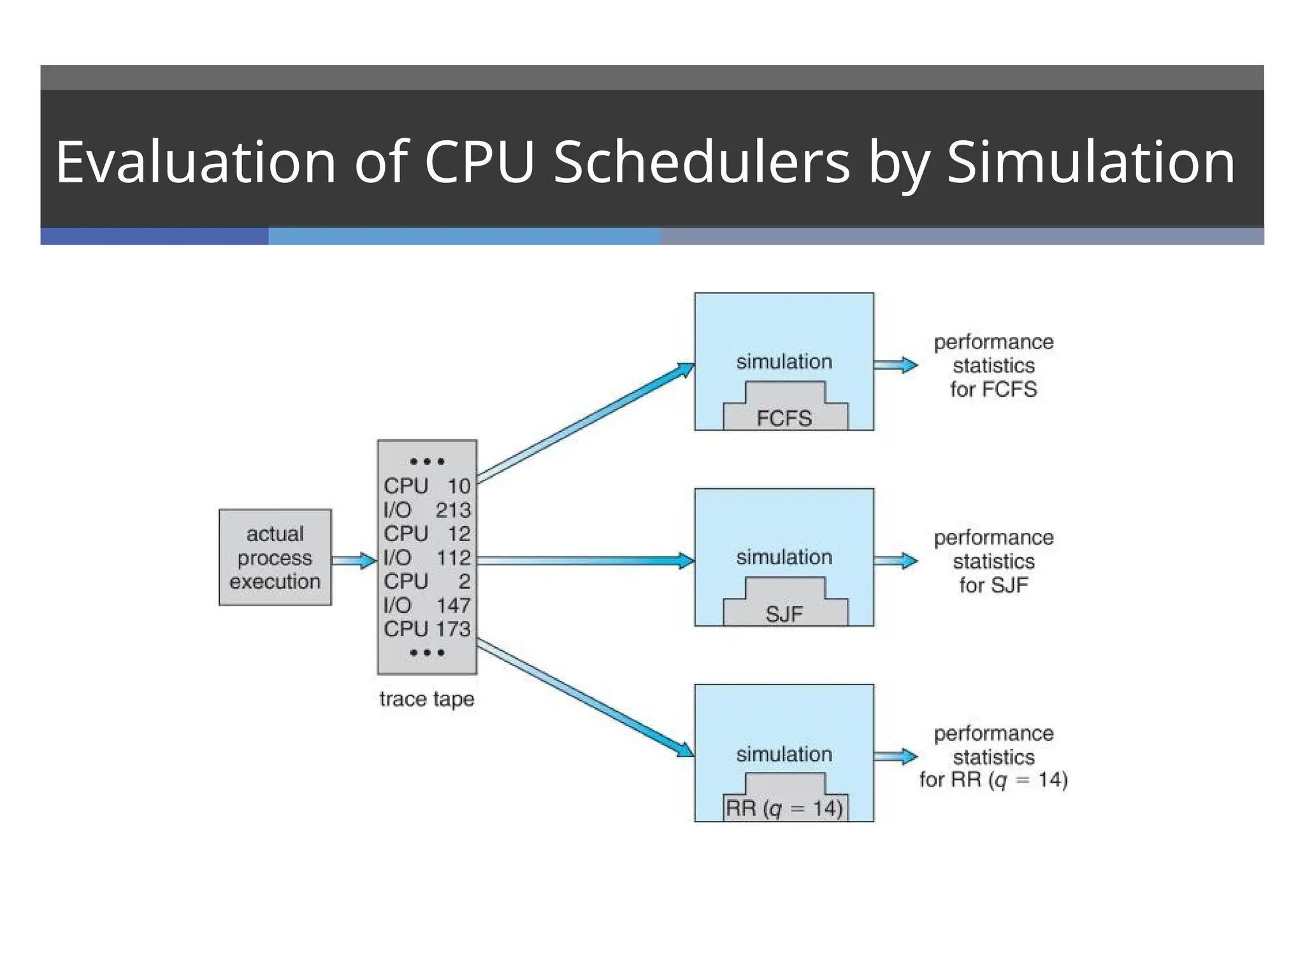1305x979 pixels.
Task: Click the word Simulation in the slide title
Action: click(x=1091, y=162)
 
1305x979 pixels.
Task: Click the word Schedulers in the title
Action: click(x=702, y=162)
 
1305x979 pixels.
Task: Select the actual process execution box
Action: click(x=275, y=557)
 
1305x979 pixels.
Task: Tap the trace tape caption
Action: click(x=427, y=699)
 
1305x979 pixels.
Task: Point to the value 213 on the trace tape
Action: click(x=453, y=510)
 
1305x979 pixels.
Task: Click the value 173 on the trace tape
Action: click(x=453, y=629)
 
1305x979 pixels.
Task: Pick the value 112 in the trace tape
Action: click(x=453, y=558)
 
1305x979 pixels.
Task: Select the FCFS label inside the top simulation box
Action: click(x=784, y=418)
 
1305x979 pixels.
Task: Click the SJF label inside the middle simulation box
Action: click(x=784, y=614)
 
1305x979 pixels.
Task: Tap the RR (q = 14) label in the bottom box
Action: click(x=784, y=808)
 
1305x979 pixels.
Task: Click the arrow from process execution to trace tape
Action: click(x=354, y=560)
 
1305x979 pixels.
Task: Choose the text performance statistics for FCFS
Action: click(x=993, y=365)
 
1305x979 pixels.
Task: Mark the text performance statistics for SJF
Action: click(x=993, y=561)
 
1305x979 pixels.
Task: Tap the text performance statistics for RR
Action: click(x=993, y=757)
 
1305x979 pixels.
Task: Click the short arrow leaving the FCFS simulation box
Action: click(x=895, y=365)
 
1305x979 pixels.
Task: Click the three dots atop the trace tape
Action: click(x=427, y=461)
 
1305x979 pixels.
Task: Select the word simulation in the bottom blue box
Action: click(x=784, y=754)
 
